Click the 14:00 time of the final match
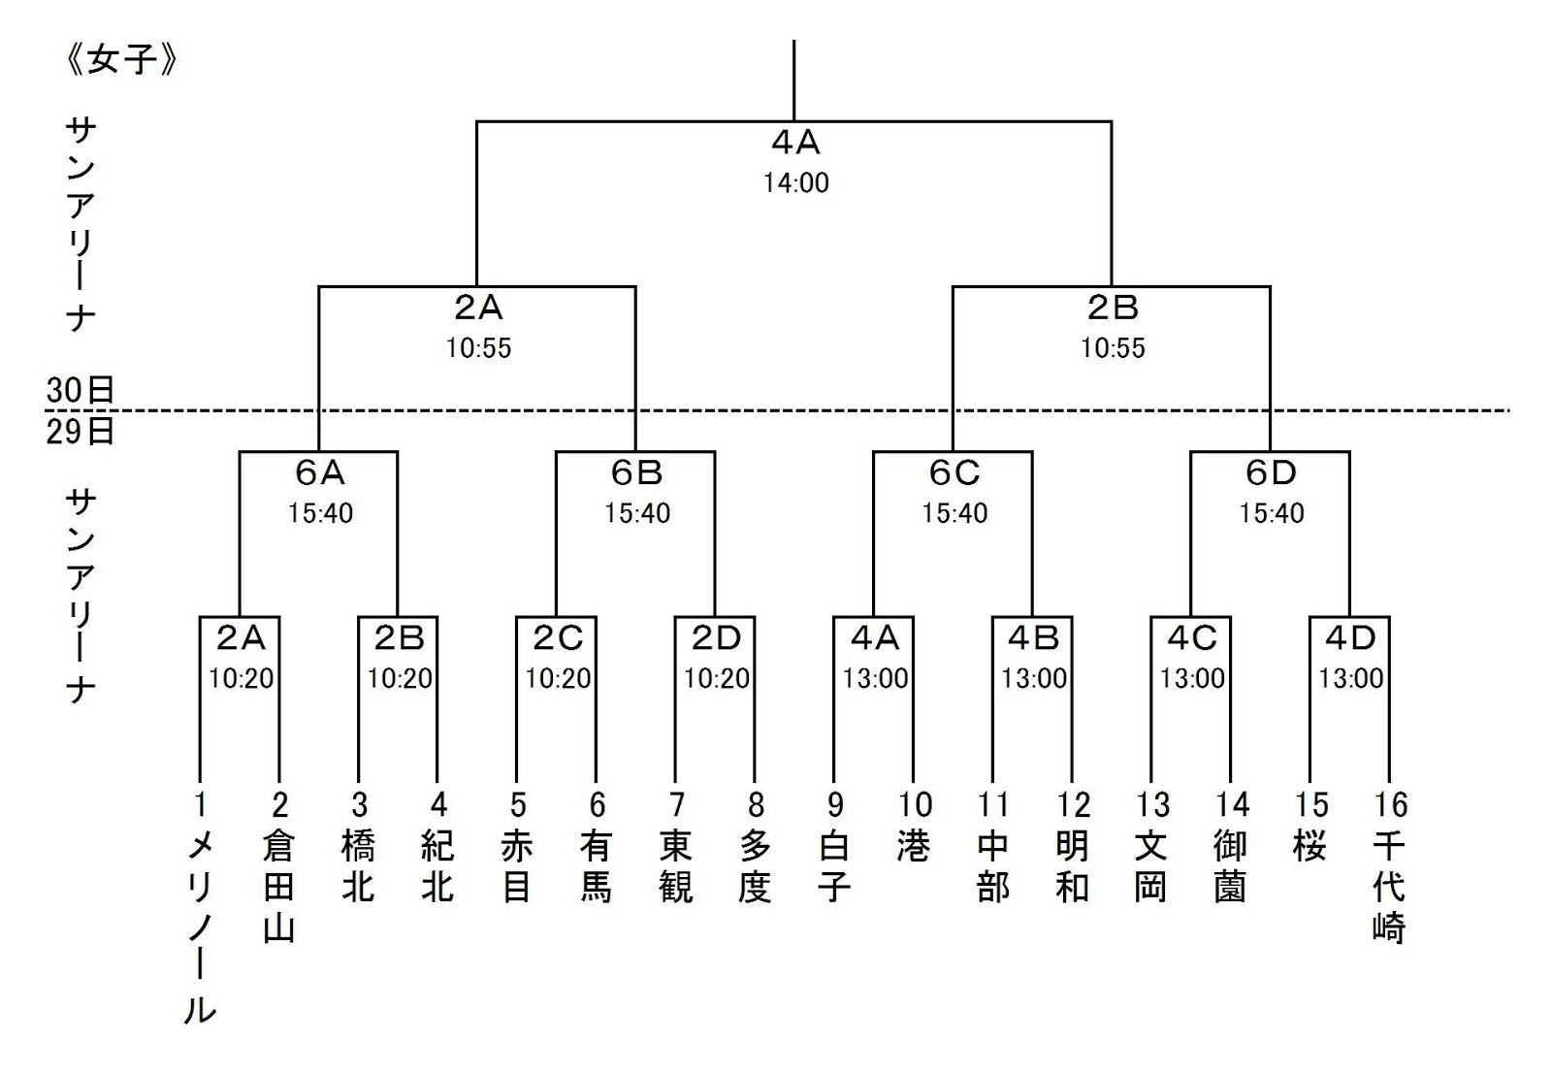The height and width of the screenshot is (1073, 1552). click(795, 182)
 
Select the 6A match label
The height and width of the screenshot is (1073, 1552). click(319, 472)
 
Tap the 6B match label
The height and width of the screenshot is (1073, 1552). click(636, 472)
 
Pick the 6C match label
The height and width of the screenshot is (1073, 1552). click(954, 472)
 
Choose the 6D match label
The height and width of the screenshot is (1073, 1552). click(1271, 472)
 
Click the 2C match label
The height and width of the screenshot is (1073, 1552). click(558, 637)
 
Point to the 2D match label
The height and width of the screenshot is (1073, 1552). click(716, 637)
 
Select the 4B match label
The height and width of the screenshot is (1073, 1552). click(1033, 637)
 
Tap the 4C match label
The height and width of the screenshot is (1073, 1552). click(1192, 637)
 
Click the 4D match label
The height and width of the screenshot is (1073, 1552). click(1350, 637)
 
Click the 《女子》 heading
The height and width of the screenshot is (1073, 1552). click(121, 60)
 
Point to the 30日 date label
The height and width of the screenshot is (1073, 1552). click(81, 390)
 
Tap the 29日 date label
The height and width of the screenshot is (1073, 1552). click(81, 430)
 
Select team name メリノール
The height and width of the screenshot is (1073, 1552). click(200, 927)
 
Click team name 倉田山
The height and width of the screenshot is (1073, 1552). click(279, 887)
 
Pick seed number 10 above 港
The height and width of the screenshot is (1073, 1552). click(914, 804)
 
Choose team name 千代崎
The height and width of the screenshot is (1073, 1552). click(1389, 887)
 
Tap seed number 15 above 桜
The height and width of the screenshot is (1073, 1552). click(1310, 804)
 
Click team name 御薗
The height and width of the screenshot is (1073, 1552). click(1231, 866)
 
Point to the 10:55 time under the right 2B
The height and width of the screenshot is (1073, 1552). click(1113, 347)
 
